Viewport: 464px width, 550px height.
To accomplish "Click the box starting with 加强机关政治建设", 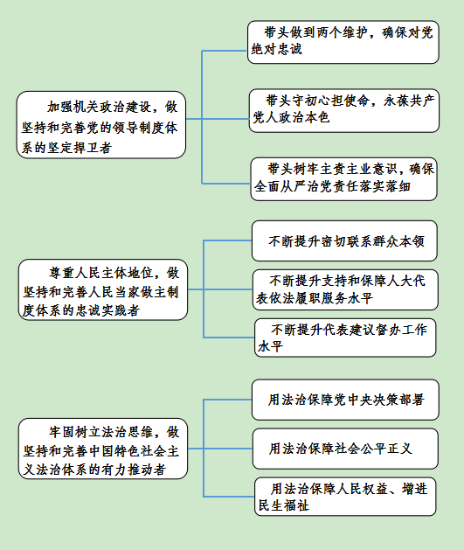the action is [101, 125].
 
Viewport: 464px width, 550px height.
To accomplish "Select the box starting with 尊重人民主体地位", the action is [103, 289].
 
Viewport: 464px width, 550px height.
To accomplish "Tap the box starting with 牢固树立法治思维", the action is [103, 449].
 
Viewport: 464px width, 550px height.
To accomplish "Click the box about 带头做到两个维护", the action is [343, 42].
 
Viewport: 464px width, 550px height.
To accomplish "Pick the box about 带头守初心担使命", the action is [343, 110].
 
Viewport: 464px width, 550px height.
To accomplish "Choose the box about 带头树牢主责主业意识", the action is [343, 179].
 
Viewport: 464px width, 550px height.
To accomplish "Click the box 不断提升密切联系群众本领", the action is [344, 241].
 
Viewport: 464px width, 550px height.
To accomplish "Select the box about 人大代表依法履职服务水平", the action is [345, 289].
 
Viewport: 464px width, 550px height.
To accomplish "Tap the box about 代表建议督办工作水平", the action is [345, 338].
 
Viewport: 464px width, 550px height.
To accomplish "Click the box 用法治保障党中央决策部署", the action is [345, 400].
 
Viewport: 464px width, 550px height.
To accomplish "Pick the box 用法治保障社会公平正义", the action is [345, 449].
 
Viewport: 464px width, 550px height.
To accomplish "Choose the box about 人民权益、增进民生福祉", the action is [345, 497].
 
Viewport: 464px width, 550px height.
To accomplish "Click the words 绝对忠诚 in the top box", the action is [276, 49].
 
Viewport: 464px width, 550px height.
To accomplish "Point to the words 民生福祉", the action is [284, 505].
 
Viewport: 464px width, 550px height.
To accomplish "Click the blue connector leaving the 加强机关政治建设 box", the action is [194, 119].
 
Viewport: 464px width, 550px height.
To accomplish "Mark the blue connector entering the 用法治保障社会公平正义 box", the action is [228, 449].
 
